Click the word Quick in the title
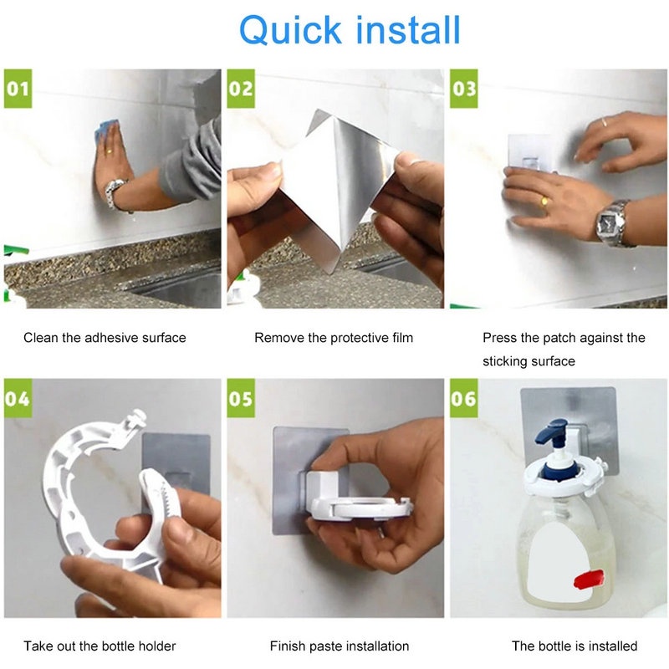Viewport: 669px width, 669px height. point(290,30)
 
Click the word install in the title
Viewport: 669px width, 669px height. point(408,29)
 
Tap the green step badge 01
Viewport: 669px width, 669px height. point(18,89)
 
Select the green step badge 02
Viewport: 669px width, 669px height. point(241,89)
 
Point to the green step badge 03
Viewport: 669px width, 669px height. point(464,89)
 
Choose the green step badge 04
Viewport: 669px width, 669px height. point(18,398)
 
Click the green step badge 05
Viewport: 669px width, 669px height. point(241,398)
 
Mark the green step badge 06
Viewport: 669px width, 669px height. point(464,398)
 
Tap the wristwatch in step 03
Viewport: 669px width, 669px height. point(611,223)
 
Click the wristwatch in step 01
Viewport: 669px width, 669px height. point(115,192)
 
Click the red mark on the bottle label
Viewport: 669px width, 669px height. point(589,580)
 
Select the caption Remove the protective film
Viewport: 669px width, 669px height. point(334,338)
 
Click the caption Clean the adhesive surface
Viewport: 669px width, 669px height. point(105,338)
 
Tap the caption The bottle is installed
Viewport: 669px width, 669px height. point(575,646)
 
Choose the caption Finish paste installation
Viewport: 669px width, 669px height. point(340,646)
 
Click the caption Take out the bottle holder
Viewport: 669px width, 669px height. point(100,646)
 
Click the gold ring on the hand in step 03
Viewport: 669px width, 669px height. point(544,201)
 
